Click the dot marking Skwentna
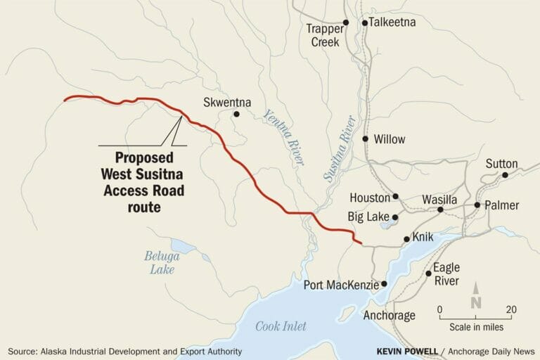pyautogui.click(x=237, y=114)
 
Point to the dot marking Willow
pyautogui.click(x=365, y=139)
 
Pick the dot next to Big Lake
pyautogui.click(x=395, y=217)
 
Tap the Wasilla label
pyautogui.click(x=439, y=200)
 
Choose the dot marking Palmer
pyautogui.click(x=477, y=205)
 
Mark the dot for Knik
pyautogui.click(x=406, y=240)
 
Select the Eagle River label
pyautogui.click(x=446, y=274)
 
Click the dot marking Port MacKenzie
pyautogui.click(x=384, y=284)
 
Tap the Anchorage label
pyautogui.click(x=390, y=316)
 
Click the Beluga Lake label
pyautogui.click(x=162, y=262)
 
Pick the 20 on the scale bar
pyautogui.click(x=511, y=309)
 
